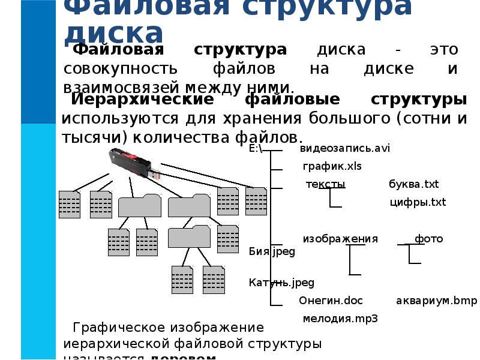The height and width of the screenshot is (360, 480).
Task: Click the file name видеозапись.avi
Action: click(x=345, y=148)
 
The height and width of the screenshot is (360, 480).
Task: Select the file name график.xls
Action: click(x=332, y=166)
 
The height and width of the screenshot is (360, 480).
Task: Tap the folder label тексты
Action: click(x=325, y=184)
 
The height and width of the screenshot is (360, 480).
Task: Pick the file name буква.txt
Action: click(x=414, y=184)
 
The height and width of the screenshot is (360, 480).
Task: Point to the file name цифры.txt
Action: click(x=418, y=202)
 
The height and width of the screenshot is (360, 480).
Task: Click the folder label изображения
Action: click(x=340, y=239)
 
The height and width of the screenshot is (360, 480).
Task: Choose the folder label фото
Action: click(x=428, y=239)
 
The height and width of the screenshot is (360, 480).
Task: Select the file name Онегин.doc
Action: click(x=331, y=301)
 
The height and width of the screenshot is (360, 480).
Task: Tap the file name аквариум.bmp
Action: click(x=436, y=301)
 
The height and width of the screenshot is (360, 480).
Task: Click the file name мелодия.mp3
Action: click(x=340, y=319)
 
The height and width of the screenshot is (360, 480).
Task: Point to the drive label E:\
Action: click(x=256, y=148)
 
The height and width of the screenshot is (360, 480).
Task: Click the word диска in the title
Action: click(x=114, y=33)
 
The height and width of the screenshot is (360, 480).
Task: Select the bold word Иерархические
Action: click(x=142, y=99)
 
